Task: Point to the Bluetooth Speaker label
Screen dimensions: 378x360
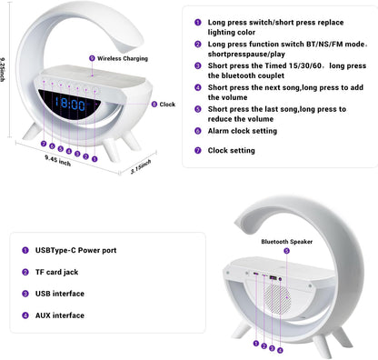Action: [286, 242]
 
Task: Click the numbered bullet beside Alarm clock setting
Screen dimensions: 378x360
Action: [198, 130]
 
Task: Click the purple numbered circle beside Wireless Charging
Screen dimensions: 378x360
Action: [92, 58]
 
